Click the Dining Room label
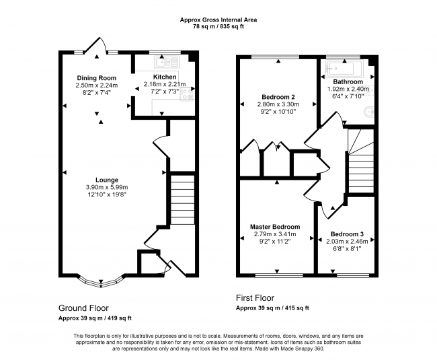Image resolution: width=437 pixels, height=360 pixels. [96, 78]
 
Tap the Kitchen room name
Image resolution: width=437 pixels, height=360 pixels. [165, 77]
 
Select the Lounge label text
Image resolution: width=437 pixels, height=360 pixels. [107, 180]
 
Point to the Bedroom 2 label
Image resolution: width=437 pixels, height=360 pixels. [278, 97]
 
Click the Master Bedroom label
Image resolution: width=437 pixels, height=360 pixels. [275, 227]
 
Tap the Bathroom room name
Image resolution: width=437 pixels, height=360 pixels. [349, 82]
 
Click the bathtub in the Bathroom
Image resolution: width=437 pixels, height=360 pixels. [342, 67]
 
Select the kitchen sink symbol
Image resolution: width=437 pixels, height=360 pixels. [167, 63]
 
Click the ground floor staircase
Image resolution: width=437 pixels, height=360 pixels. [181, 199]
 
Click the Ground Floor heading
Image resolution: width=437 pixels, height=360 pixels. [86, 308]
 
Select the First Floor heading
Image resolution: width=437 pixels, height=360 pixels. [255, 297]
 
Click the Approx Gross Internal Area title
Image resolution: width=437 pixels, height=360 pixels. [218, 20]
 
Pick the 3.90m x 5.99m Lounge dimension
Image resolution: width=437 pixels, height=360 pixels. [107, 187]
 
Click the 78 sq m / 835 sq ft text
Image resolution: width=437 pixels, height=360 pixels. [218, 27]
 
